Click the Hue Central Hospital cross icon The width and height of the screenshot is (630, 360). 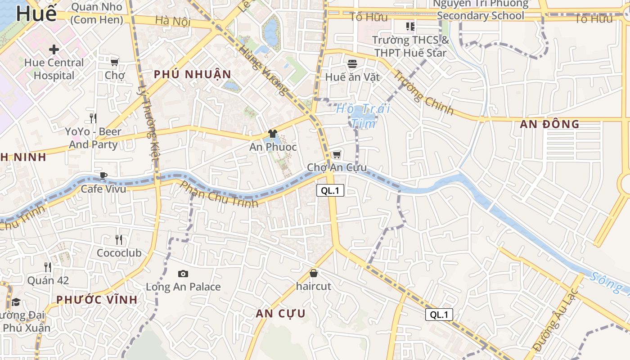[x=54, y=49]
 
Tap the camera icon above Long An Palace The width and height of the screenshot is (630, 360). [x=183, y=274]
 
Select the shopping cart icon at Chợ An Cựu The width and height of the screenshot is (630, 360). [x=337, y=155]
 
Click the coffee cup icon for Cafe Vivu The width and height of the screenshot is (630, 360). [x=103, y=175]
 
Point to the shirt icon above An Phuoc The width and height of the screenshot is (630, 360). [x=273, y=134]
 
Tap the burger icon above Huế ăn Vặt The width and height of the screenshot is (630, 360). [x=352, y=64]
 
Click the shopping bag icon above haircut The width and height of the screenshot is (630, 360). [x=314, y=273]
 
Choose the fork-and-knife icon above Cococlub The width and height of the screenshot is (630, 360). [x=119, y=239]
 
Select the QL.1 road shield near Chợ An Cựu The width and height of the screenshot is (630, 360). [x=330, y=190]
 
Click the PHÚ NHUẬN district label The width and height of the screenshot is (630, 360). [x=193, y=74]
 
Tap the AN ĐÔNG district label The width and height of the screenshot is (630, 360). [x=549, y=124]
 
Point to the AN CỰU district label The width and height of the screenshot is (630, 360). [x=281, y=314]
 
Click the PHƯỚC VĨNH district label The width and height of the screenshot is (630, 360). [x=97, y=299]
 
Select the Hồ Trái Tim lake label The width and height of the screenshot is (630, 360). [x=363, y=116]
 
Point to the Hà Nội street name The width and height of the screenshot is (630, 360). [x=173, y=21]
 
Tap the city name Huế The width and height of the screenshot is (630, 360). [x=36, y=13]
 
